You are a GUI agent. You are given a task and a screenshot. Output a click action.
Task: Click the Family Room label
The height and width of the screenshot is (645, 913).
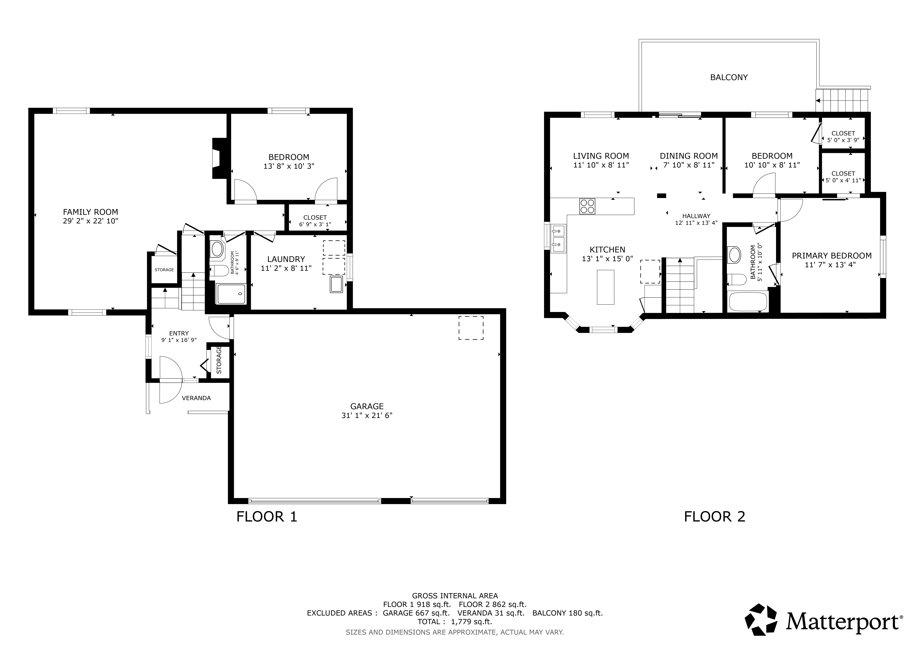click(91, 212)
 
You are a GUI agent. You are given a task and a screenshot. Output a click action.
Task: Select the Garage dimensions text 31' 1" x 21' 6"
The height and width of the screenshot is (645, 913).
click(367, 415)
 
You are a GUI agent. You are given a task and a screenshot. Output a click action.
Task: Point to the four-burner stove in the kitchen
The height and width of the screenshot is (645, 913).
click(587, 206)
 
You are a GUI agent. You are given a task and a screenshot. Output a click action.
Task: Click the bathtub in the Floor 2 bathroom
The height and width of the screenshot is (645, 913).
click(748, 302)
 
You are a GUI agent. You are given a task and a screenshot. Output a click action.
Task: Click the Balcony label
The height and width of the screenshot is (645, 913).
click(729, 77)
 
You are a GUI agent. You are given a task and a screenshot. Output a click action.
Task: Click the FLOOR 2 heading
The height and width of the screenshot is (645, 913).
click(715, 517)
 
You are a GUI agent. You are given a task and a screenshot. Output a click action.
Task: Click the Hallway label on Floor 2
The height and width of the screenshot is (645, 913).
click(696, 216)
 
